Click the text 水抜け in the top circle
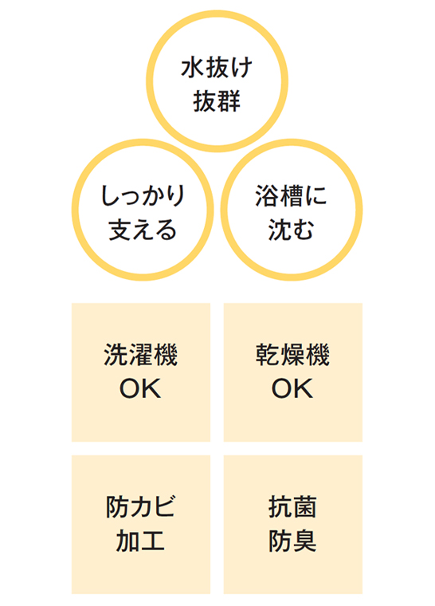click(217, 68)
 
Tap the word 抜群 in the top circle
click(217, 101)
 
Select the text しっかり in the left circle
click(143, 196)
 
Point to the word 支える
click(143, 230)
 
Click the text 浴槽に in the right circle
click(291, 196)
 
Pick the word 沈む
click(291, 230)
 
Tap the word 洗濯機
click(141, 354)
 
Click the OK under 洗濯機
click(140, 388)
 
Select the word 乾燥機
click(293, 354)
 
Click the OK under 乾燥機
click(292, 388)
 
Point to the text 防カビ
click(141, 506)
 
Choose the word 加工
click(141, 541)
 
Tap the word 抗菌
click(293, 506)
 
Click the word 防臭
click(293, 541)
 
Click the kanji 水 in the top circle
click(192, 68)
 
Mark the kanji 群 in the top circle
click(229, 101)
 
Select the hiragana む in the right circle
click(303, 230)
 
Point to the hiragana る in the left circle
click(167, 230)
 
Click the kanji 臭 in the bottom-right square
click(305, 541)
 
